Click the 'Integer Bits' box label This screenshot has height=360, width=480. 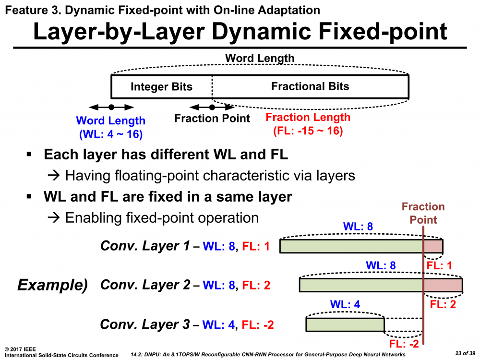pos(161,87)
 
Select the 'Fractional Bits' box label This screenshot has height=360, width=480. pos(310,86)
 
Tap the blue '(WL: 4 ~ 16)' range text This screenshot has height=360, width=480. pos(110,134)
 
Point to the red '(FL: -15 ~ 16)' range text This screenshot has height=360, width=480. pos(308,130)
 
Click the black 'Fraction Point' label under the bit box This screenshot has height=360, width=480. pos(212,119)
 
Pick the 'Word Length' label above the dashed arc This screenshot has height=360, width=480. pos(260,59)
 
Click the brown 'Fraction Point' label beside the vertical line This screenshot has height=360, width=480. pos(423,213)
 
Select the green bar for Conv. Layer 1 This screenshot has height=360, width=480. pos(351,246)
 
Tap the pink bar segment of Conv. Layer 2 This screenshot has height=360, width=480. pos(443,285)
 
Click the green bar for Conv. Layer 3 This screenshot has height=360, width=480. pos(345,325)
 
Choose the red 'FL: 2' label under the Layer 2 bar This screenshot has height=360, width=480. pos(443,304)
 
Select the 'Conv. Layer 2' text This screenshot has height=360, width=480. pos(145,285)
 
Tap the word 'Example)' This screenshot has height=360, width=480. pos(52,285)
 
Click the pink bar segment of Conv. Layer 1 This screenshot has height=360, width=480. pos(433,246)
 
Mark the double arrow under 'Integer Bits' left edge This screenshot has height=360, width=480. pos(111,107)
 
